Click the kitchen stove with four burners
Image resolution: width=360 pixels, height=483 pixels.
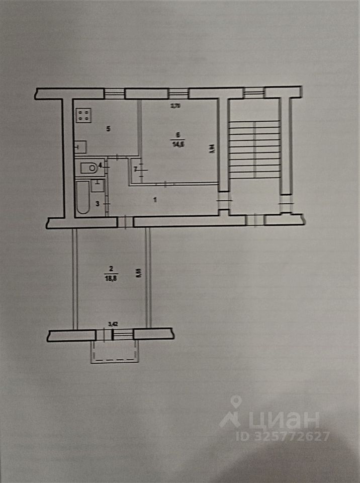pos(84,116)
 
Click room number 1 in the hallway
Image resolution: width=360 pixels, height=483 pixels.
pos(155,200)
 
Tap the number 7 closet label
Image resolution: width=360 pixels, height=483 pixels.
pos(135,170)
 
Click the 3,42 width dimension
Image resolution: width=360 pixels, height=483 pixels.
pos(113,325)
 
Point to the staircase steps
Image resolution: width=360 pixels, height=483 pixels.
pos(254,149)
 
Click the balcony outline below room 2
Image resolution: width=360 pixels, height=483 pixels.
pos(115,352)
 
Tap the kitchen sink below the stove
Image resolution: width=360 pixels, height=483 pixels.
pos(80,147)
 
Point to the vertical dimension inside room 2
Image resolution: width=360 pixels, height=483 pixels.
pos(138,273)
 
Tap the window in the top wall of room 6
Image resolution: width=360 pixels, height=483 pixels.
pos(176,93)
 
